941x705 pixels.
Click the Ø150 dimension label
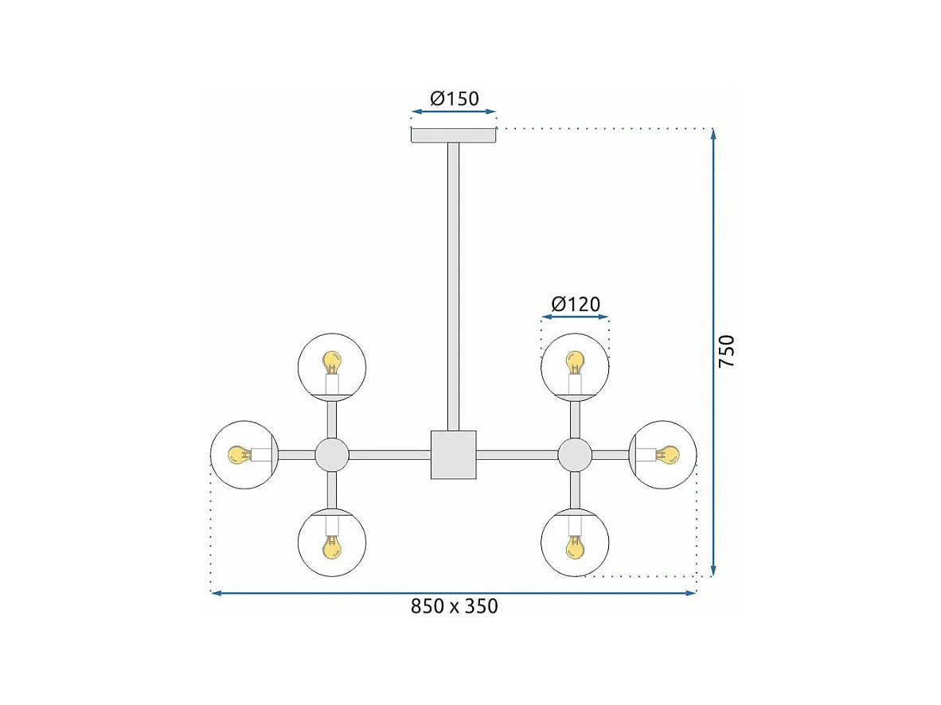tap(454, 99)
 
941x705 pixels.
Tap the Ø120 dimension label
tap(576, 304)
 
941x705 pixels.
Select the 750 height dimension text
tap(727, 351)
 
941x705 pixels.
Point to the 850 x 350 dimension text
tap(454, 606)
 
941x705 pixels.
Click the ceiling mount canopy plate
tap(453, 135)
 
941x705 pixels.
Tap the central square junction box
tap(453, 455)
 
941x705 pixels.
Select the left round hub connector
tap(332, 455)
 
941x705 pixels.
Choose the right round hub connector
tap(574, 455)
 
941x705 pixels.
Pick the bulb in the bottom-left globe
tap(331, 547)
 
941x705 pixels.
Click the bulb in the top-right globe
tap(574, 364)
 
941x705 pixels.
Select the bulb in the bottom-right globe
tap(574, 547)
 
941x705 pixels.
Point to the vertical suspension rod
tap(453, 286)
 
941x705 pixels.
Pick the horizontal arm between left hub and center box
tap(389, 455)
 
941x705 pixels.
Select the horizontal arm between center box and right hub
tap(517, 455)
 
